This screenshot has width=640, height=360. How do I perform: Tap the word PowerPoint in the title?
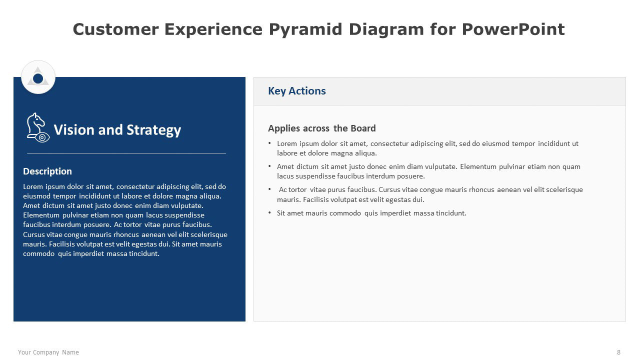point(513,29)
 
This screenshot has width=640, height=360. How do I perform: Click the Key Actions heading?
point(297,91)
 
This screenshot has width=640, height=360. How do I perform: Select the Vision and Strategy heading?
point(117,130)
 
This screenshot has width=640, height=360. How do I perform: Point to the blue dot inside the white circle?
point(38,78)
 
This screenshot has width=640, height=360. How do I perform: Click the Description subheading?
point(47,171)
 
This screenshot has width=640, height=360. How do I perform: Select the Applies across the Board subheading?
point(321,128)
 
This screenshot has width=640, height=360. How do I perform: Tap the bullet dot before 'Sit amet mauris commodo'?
point(269,212)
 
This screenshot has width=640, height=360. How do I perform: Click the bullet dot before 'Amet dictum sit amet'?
point(269,165)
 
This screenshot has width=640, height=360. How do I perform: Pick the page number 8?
point(619,352)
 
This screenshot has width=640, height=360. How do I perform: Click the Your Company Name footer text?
point(48,352)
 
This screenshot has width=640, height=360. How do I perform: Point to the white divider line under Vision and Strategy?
point(126,153)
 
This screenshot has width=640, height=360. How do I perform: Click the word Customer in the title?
point(115,29)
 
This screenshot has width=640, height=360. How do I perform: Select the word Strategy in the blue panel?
point(153,130)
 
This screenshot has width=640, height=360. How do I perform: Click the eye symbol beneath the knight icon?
point(42,137)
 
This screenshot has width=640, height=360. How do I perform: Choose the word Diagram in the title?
point(386,29)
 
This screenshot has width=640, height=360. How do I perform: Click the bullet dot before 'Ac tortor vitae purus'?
point(269,188)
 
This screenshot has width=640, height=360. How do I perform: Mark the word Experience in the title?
point(213,29)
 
